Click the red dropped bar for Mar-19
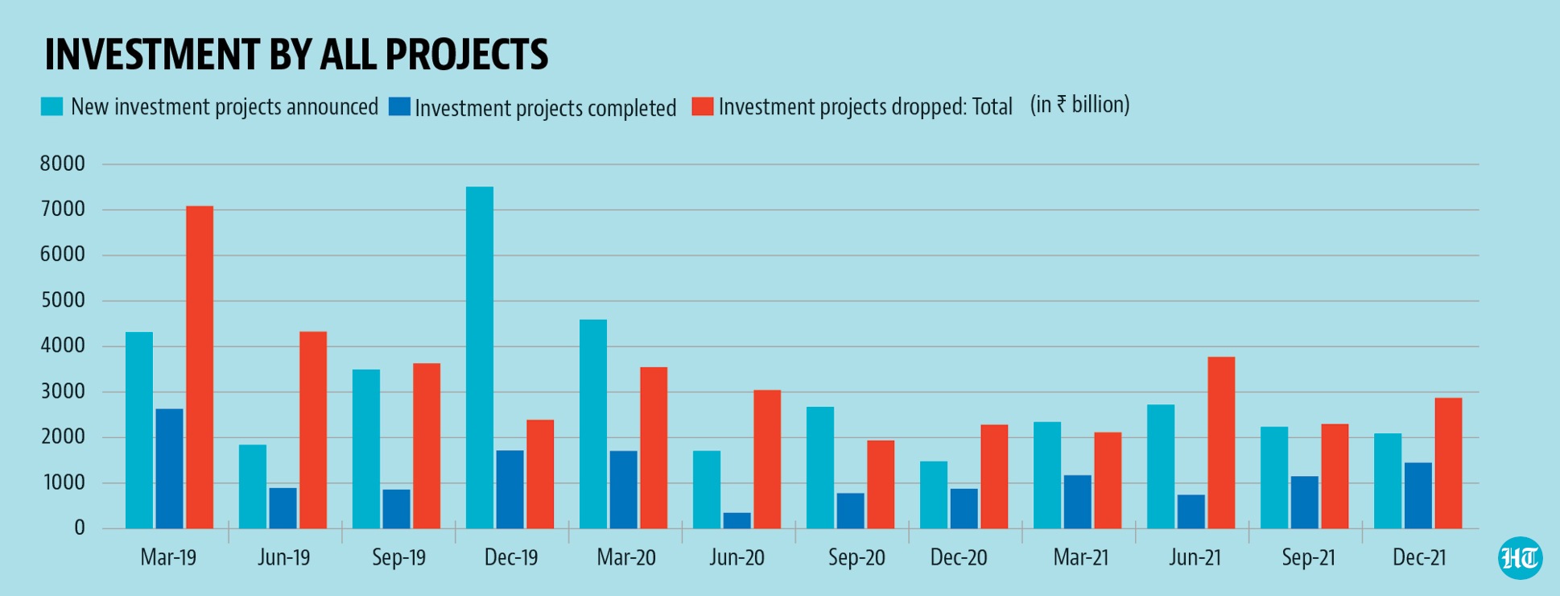pyautogui.click(x=200, y=367)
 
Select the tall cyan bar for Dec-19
pyautogui.click(x=480, y=358)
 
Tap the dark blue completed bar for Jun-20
pyautogui.click(x=737, y=520)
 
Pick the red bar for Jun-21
pyautogui.click(x=1221, y=443)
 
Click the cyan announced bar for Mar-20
pyautogui.click(x=593, y=424)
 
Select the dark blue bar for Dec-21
pyautogui.click(x=1418, y=495)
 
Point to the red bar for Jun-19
pyautogui.click(x=313, y=430)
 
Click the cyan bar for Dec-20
pyautogui.click(x=934, y=495)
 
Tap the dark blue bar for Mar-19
pyautogui.click(x=169, y=469)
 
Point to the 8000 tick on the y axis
pyautogui.click(x=63, y=164)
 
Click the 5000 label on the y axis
pyautogui.click(x=63, y=300)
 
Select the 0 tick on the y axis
pyautogui.click(x=79, y=528)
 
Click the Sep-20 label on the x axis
pyautogui.click(x=856, y=557)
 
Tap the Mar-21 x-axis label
pyautogui.click(x=1080, y=557)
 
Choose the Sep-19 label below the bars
pyautogui.click(x=398, y=557)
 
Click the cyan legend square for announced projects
pyautogui.click(x=52, y=107)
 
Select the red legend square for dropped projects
pyautogui.click(x=703, y=107)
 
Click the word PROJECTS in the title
pyautogui.click(x=466, y=55)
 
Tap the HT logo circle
pyautogui.click(x=1520, y=557)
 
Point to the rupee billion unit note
pyautogui.click(x=1079, y=106)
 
